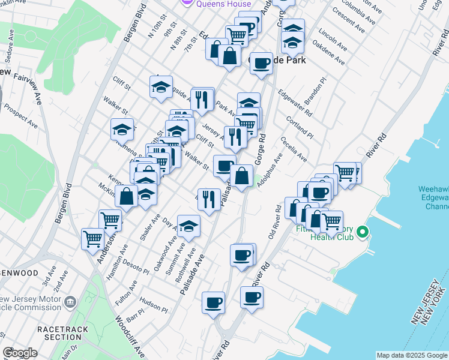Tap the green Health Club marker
[x=362, y=231]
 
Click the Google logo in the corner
[x=20, y=353]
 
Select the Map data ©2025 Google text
[x=412, y=355]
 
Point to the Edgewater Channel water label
[x=433, y=198]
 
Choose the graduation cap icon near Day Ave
[x=188, y=226]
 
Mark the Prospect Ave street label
[x=20, y=116]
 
